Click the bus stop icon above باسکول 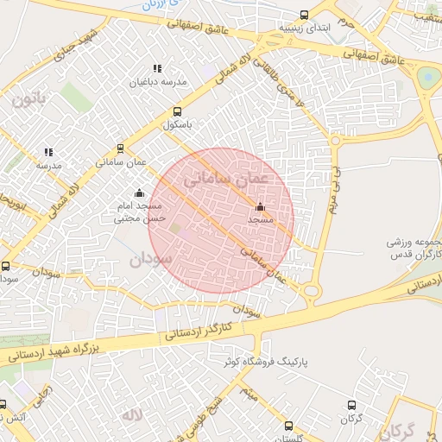point(177,111)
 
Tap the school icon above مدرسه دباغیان point(156,68)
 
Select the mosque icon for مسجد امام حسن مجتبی point(139,193)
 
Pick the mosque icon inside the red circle point(260,206)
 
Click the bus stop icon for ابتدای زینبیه point(303,15)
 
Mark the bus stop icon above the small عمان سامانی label point(120,147)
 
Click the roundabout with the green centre point(427,79)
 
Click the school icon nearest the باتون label point(48,152)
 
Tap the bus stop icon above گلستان point(287,424)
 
